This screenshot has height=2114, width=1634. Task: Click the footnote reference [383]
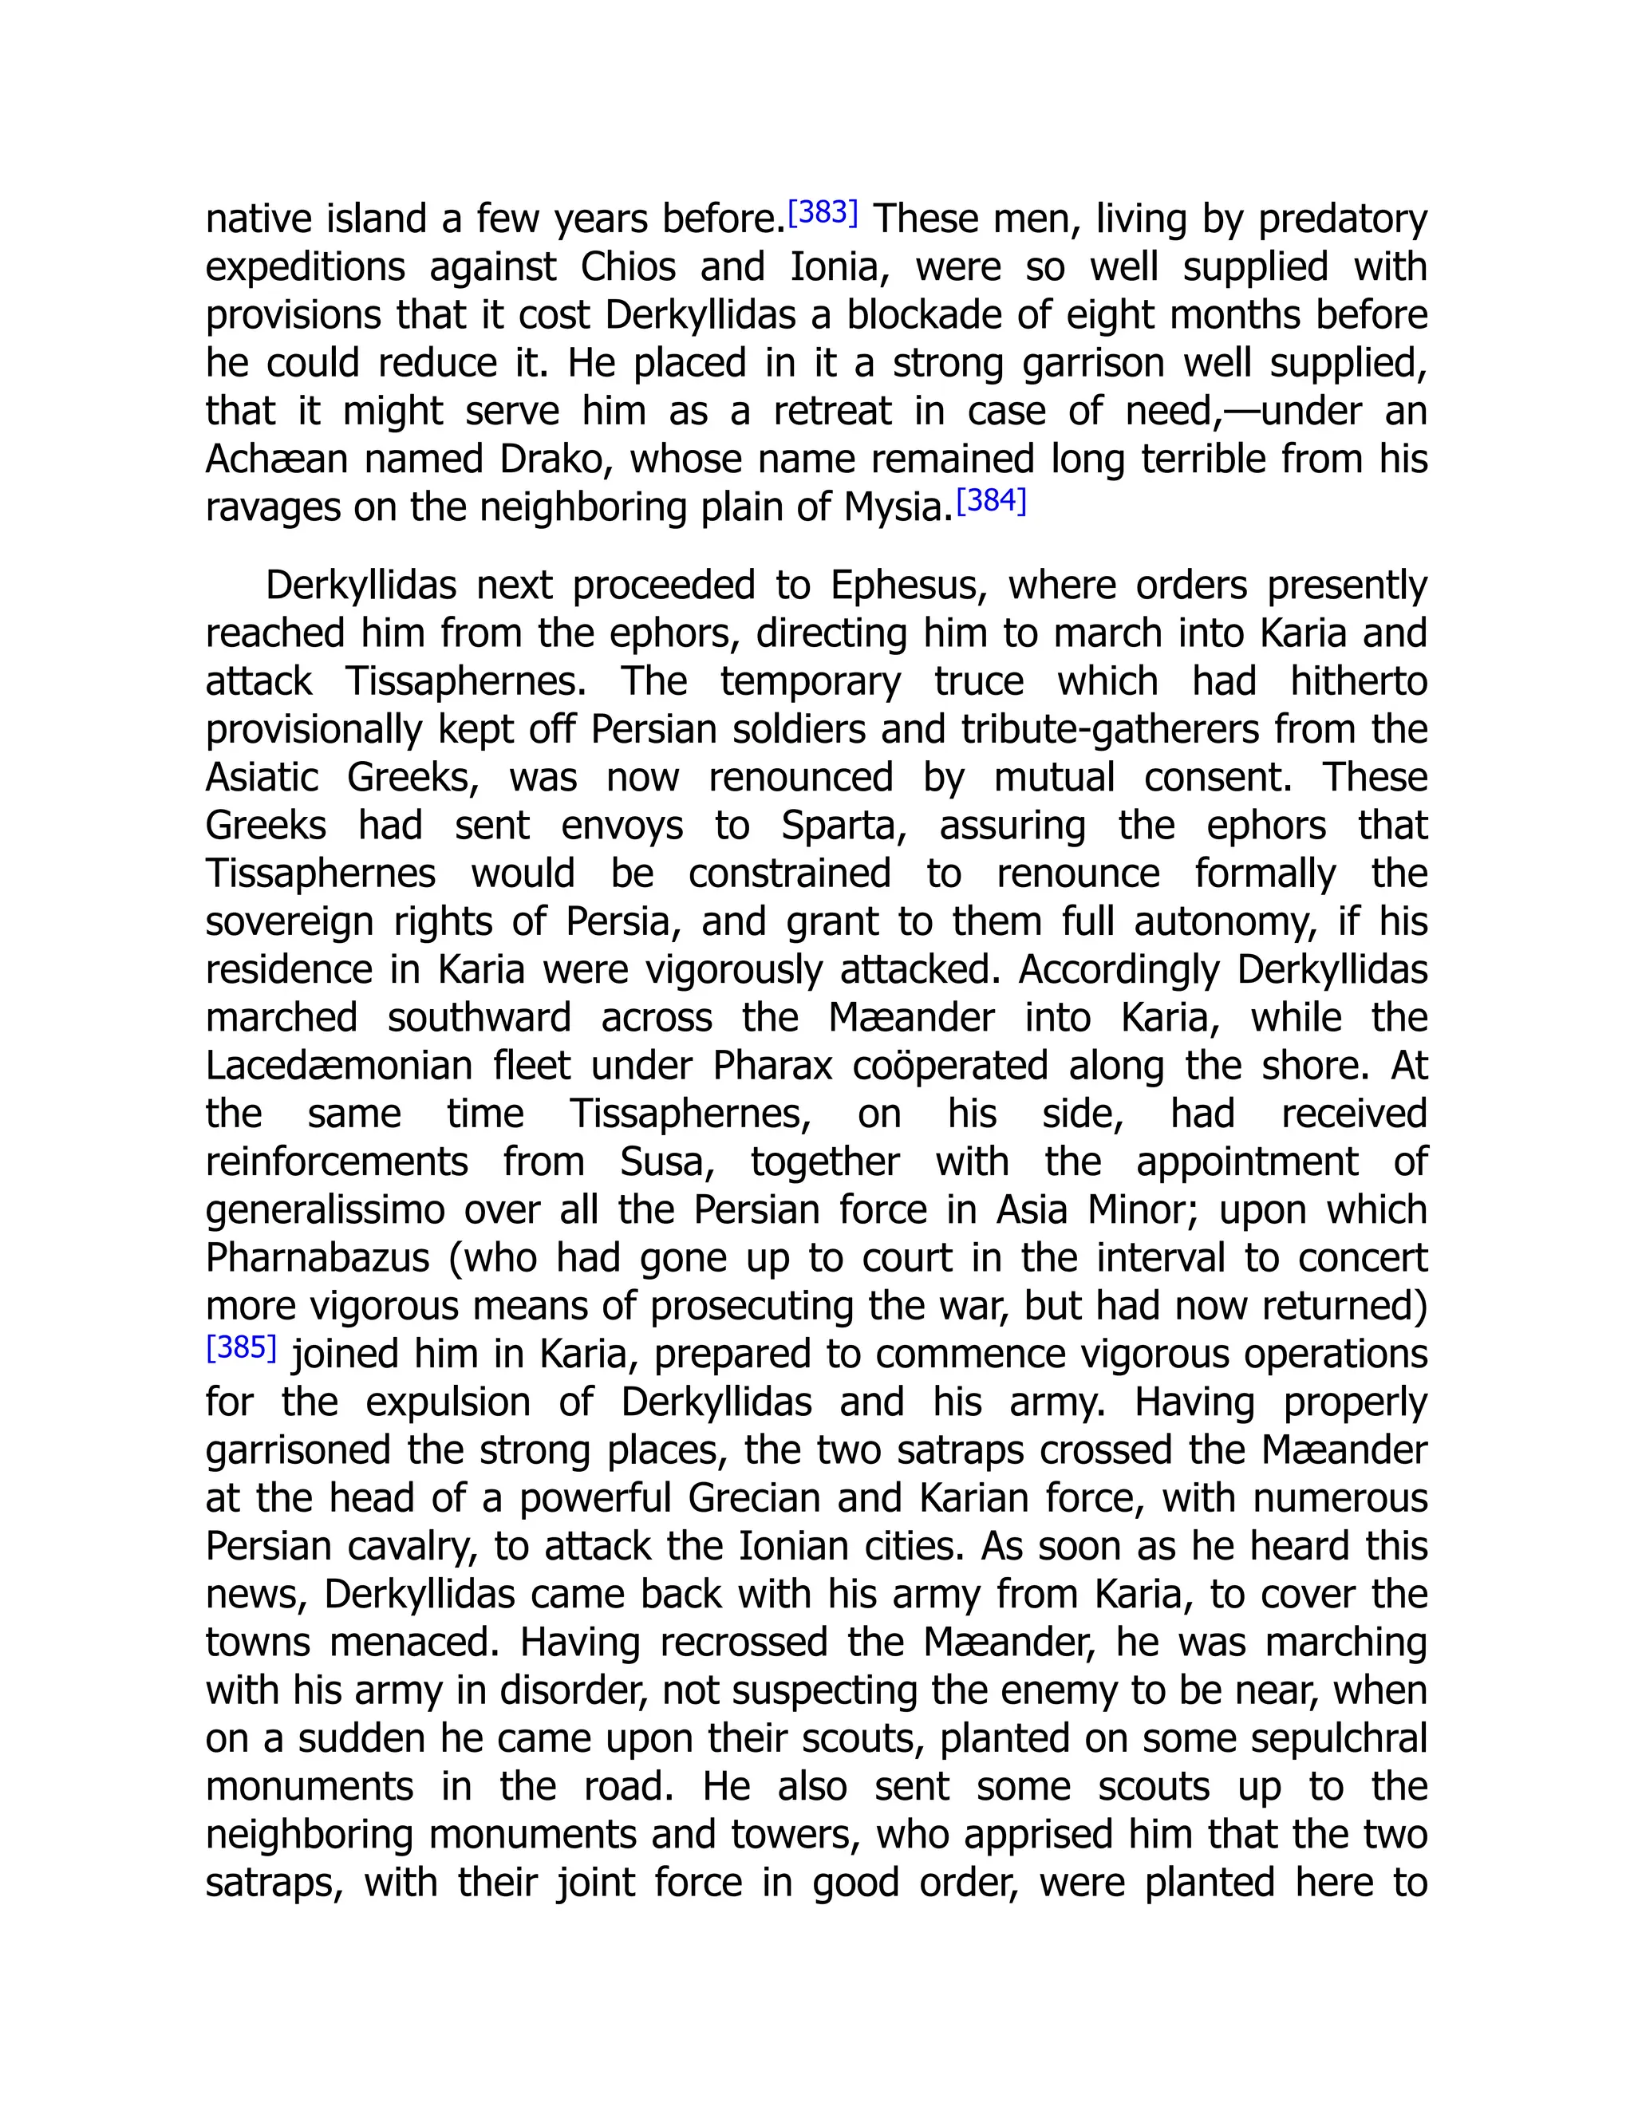pos(823,212)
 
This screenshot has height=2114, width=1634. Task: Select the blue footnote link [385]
pos(241,1347)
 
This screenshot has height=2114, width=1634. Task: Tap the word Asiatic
pos(262,779)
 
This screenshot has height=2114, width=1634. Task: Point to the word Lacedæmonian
pos(339,1066)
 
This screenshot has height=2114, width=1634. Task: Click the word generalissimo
pos(326,1210)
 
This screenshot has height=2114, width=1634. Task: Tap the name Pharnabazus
pos(318,1258)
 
